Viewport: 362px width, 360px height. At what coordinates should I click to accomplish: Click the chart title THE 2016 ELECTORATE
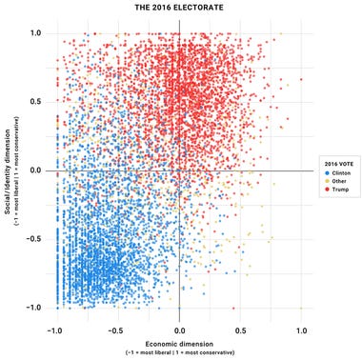tap(180, 9)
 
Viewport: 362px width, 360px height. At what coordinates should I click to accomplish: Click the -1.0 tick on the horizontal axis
tap(55, 330)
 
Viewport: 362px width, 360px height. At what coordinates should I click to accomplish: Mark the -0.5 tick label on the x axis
tap(116, 330)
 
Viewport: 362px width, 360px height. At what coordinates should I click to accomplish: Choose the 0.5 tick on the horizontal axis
tap(240, 330)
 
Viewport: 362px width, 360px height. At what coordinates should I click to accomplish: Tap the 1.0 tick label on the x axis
tap(301, 330)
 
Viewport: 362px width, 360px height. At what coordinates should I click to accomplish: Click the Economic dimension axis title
tap(180, 343)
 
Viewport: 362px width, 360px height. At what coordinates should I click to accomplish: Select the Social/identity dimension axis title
tap(8, 170)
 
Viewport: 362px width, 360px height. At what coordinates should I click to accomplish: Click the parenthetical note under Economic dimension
tap(180, 352)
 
